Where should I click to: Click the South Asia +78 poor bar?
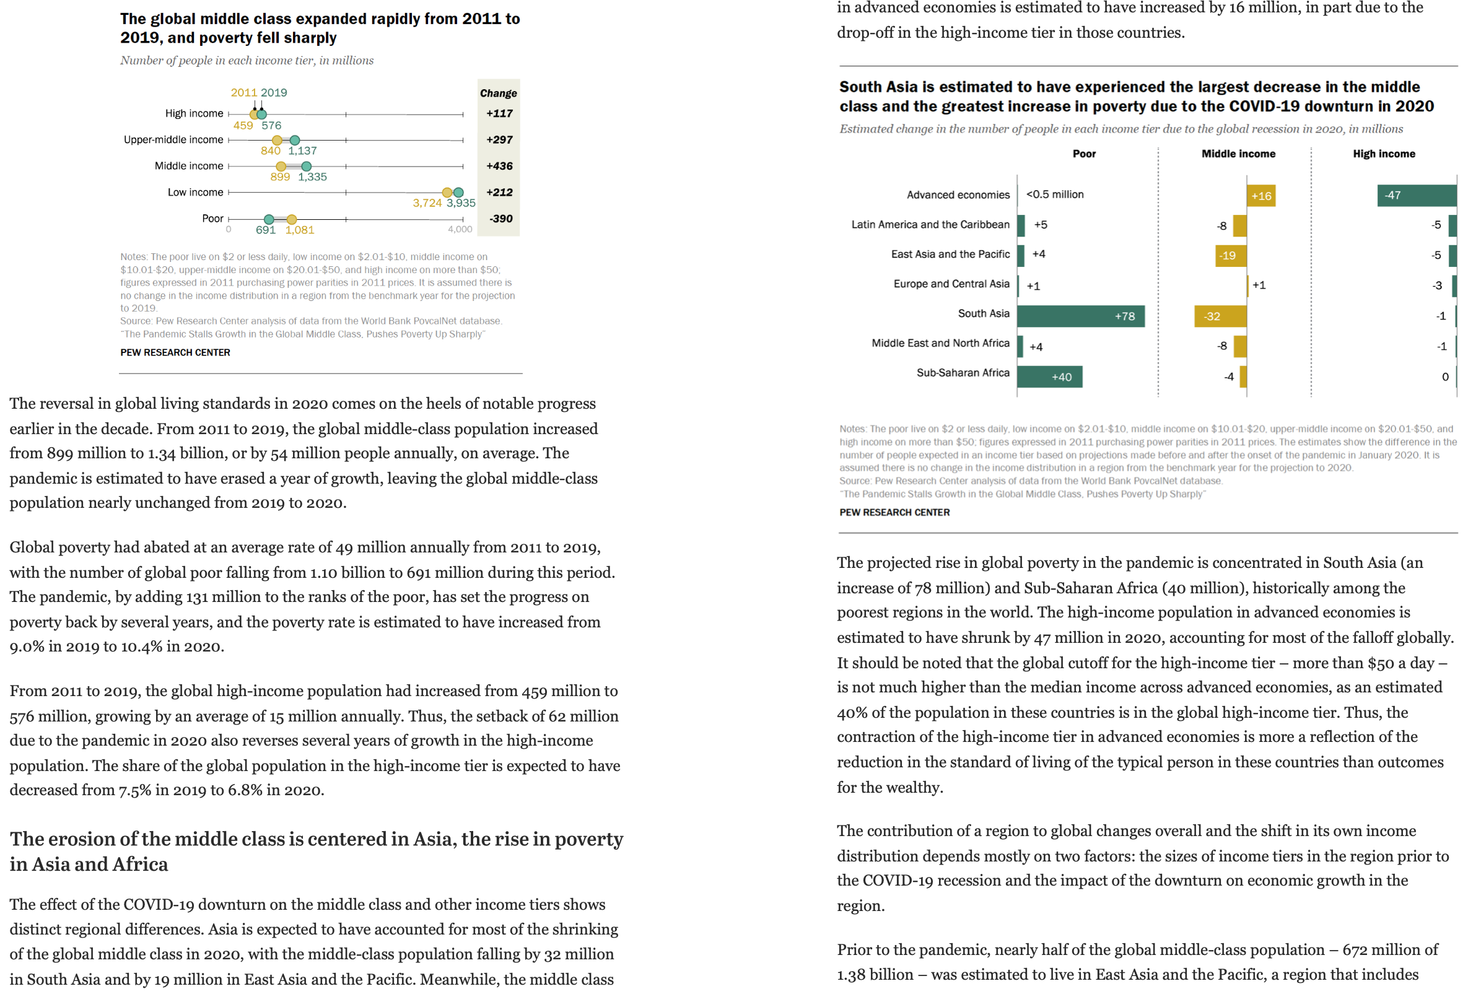click(1080, 316)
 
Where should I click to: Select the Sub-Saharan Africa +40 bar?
click(1049, 377)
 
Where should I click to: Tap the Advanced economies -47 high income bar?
click(1416, 195)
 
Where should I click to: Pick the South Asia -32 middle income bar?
click(1219, 316)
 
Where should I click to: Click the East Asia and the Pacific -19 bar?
click(1230, 256)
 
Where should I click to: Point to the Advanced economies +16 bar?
click(1260, 196)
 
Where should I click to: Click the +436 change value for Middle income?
click(499, 166)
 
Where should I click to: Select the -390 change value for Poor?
click(500, 219)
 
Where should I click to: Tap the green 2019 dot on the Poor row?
click(269, 219)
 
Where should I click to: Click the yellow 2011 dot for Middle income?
click(281, 167)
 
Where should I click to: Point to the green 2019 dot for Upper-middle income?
click(295, 140)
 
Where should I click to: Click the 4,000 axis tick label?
click(460, 230)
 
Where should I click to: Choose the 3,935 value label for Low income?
click(461, 203)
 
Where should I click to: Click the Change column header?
click(499, 93)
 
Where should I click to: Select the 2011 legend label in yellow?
click(243, 92)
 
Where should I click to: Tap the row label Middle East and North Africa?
click(940, 343)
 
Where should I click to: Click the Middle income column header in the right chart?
click(1238, 154)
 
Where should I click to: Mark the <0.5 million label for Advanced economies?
click(1054, 194)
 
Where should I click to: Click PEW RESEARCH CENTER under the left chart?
click(175, 352)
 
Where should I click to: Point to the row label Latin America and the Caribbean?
click(930, 224)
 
